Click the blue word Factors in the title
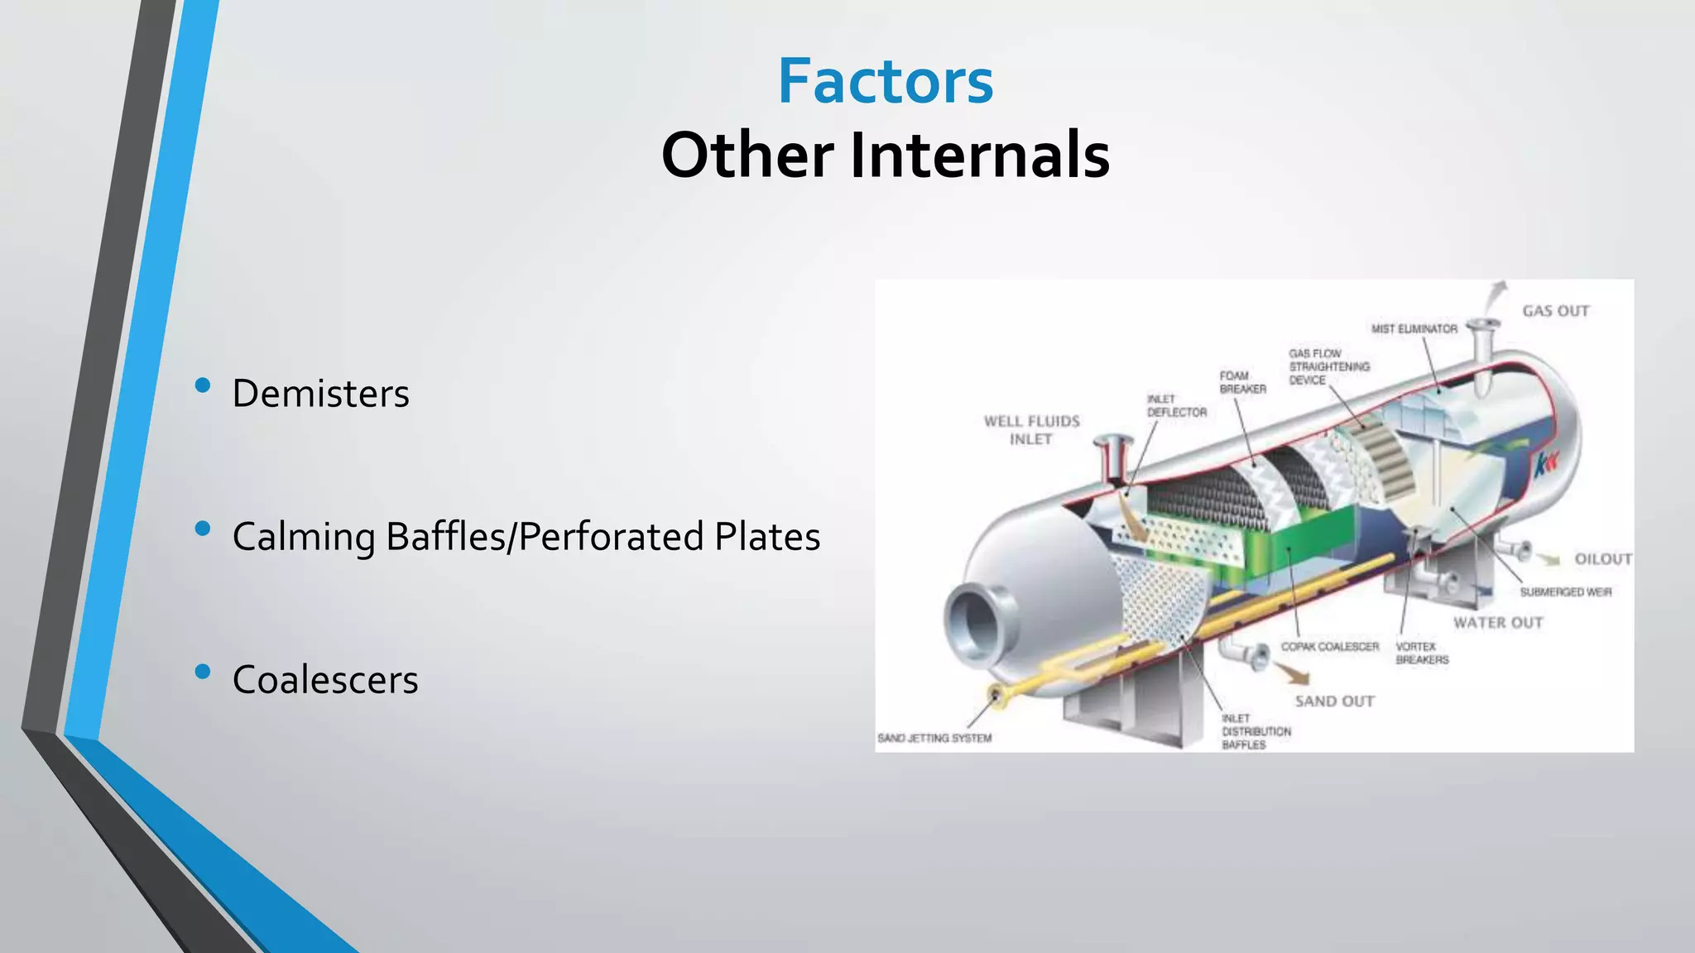885,81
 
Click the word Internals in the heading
979,155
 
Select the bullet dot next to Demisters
203,385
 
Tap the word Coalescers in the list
324,680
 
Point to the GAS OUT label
1555,311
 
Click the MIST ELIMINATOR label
1414,328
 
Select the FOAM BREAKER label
1242,382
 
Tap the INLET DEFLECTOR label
1176,405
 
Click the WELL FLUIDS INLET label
1031,430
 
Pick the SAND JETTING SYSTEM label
934,738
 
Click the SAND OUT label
1334,702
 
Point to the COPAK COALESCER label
1329,647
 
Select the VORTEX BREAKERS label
1422,653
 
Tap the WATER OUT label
1498,623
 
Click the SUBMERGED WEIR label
1565,592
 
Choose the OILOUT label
1602,559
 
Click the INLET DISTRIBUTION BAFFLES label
1256,731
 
